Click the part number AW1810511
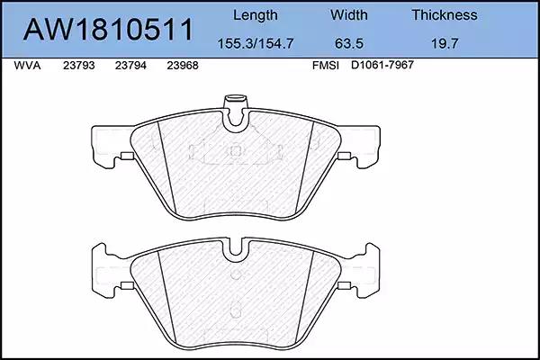pyautogui.click(x=108, y=30)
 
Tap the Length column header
pyautogui.click(x=256, y=15)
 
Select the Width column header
pyautogui.click(x=349, y=14)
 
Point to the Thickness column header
pyautogui.click(x=445, y=14)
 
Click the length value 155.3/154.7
pyautogui.click(x=256, y=43)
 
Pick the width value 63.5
pyautogui.click(x=349, y=43)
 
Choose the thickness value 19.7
pyautogui.click(x=445, y=43)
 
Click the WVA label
pyautogui.click(x=27, y=66)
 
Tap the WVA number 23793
pyautogui.click(x=79, y=66)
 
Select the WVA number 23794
pyautogui.click(x=130, y=66)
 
